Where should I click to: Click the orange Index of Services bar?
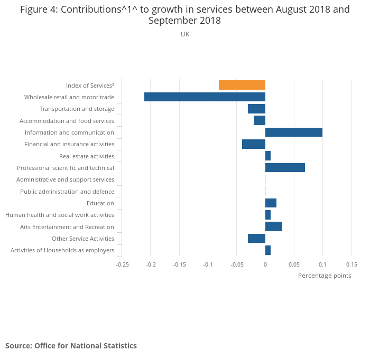[x=242, y=85]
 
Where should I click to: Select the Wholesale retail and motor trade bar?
[x=205, y=97]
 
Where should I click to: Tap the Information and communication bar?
[x=293, y=132]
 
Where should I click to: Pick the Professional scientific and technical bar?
[x=285, y=168]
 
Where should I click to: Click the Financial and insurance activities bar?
[x=253, y=144]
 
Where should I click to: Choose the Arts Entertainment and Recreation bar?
[x=273, y=226]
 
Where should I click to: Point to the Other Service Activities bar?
[x=256, y=239]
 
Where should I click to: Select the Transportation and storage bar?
[x=256, y=109]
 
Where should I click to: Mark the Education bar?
[x=271, y=203]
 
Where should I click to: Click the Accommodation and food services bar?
[x=259, y=120]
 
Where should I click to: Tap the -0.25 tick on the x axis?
[x=122, y=264]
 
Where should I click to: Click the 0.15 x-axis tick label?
[x=351, y=264]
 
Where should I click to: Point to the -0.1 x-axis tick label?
[x=208, y=264]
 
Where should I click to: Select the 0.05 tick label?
[x=294, y=264]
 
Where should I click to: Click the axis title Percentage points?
[x=324, y=276]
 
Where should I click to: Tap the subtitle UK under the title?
[x=185, y=34]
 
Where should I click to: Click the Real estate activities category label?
[x=87, y=156]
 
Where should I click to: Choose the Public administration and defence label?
[x=67, y=192]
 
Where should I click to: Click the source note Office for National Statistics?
[x=71, y=346]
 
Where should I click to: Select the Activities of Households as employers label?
[x=62, y=250]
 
